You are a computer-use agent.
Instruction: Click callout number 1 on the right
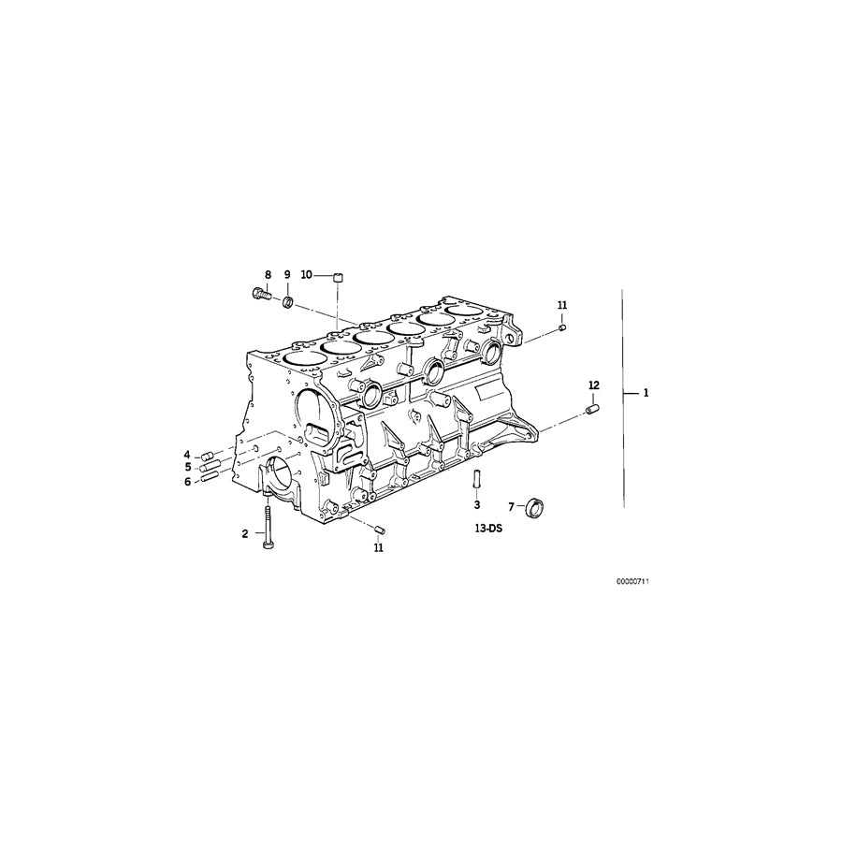point(645,393)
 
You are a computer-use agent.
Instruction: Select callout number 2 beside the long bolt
point(245,533)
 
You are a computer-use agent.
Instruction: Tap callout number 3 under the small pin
point(476,504)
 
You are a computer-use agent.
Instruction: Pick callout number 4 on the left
point(187,455)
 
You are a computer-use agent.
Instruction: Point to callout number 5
point(187,467)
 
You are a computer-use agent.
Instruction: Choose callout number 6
point(187,481)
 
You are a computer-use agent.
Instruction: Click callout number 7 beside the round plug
point(512,506)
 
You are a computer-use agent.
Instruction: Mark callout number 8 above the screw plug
point(268,275)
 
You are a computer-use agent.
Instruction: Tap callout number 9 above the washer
point(287,275)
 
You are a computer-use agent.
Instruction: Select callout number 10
point(306,275)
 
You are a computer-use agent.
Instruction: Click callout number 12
point(593,385)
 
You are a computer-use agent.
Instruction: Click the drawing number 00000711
point(632,581)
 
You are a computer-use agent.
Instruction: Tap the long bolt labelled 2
point(268,524)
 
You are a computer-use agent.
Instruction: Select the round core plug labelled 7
point(536,507)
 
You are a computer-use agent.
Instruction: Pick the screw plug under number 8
point(262,295)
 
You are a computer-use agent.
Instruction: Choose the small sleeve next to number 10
point(339,276)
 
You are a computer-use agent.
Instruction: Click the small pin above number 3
point(476,477)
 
